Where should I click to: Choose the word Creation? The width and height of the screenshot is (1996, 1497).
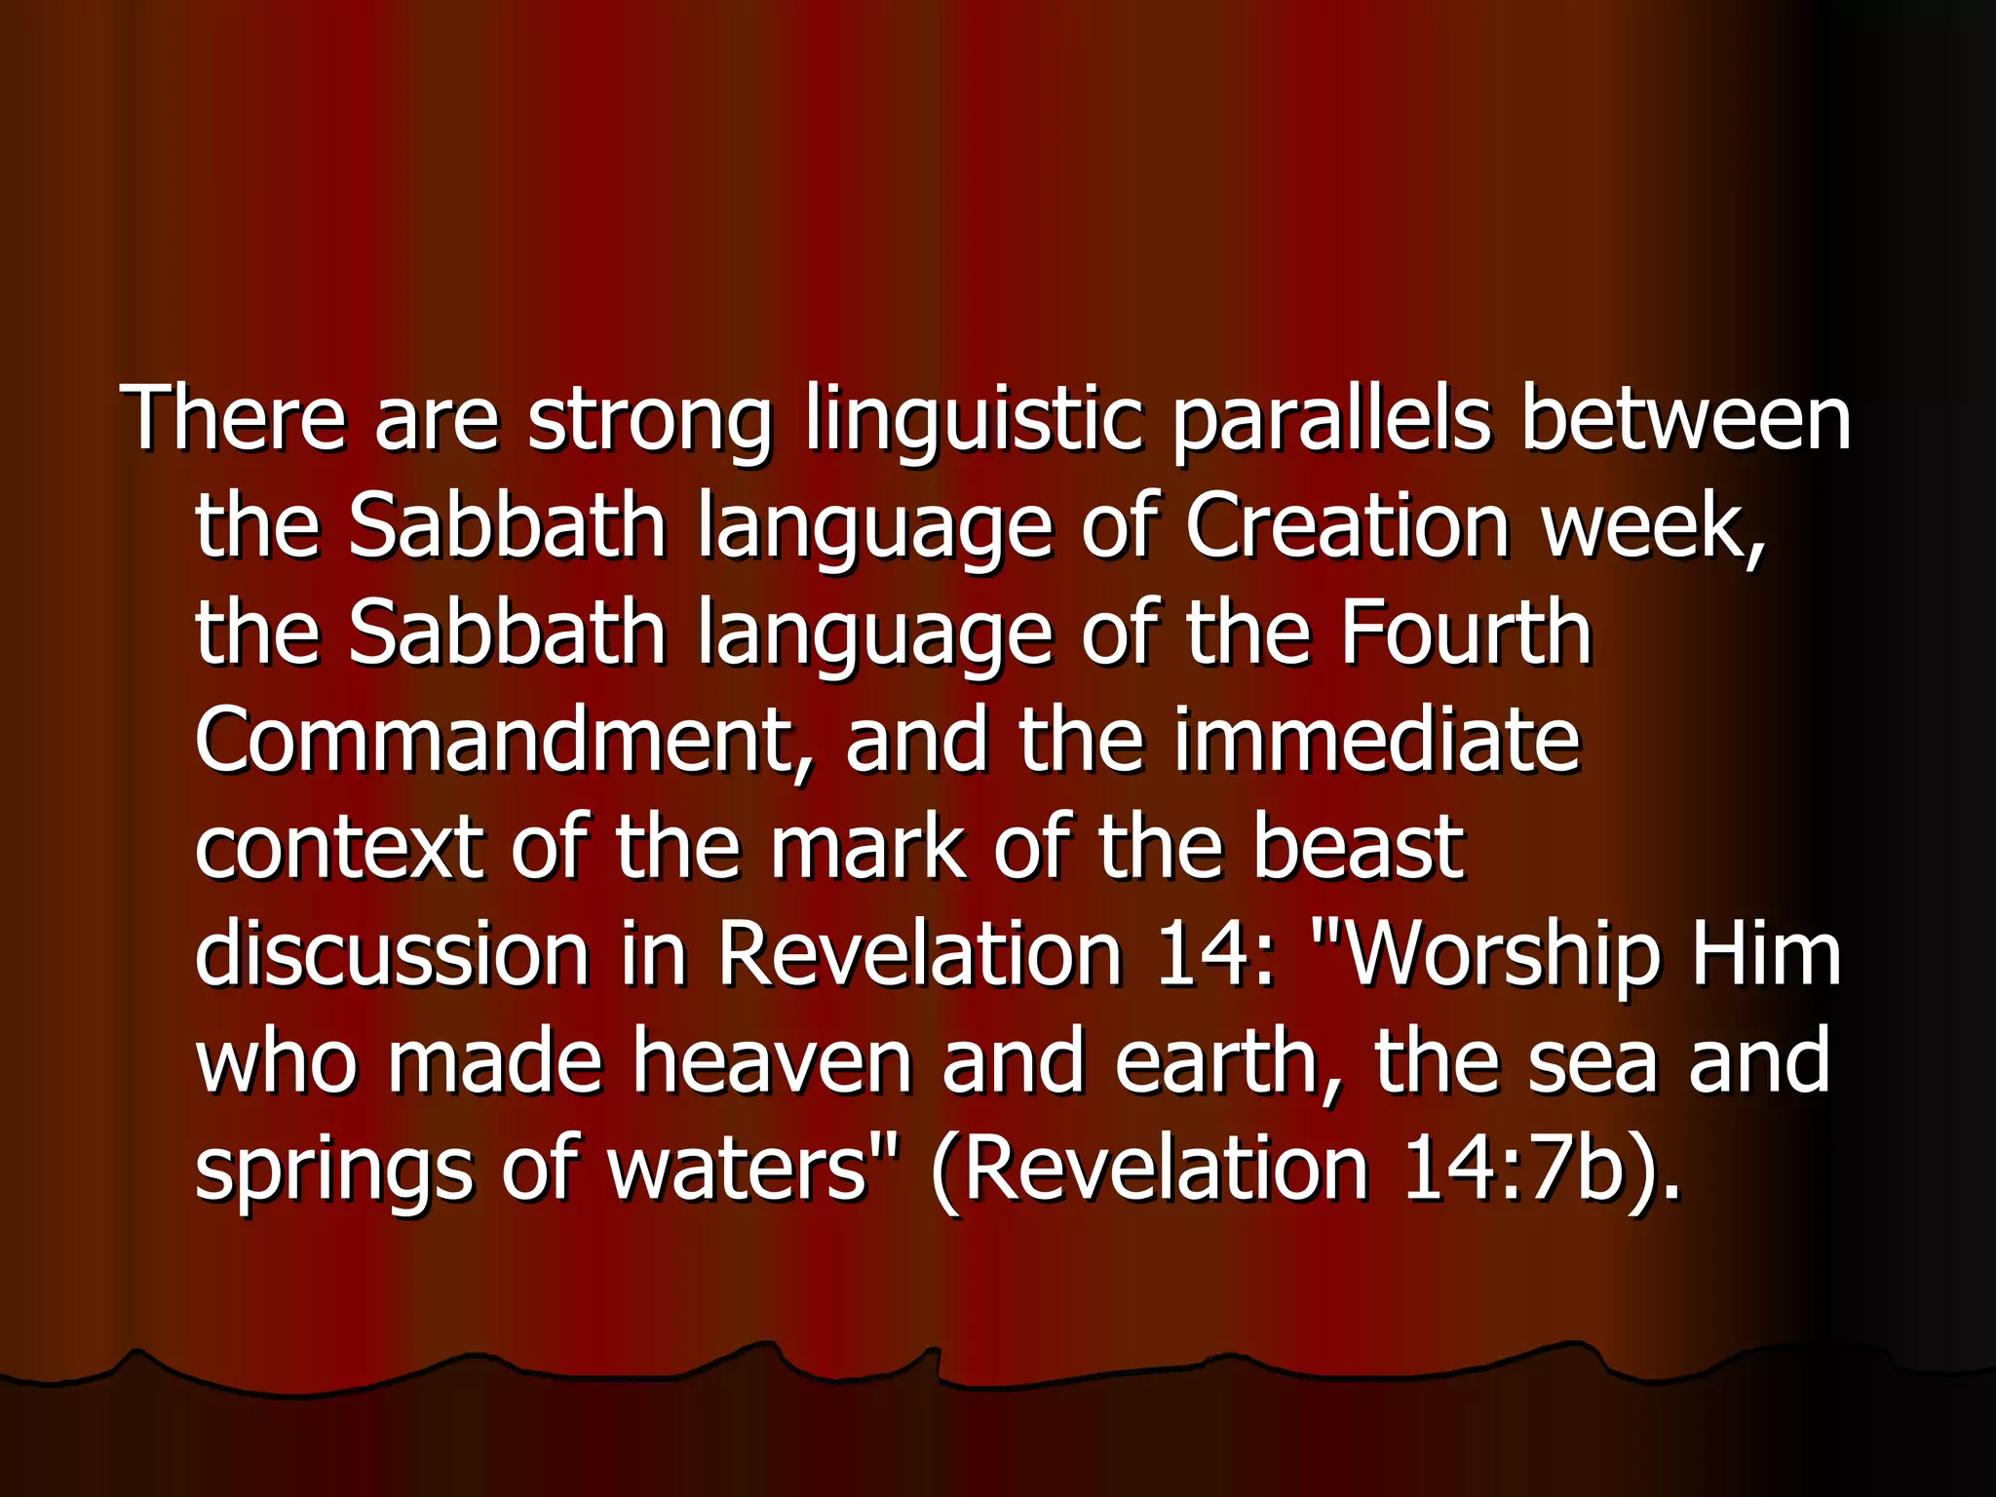(1347, 525)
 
